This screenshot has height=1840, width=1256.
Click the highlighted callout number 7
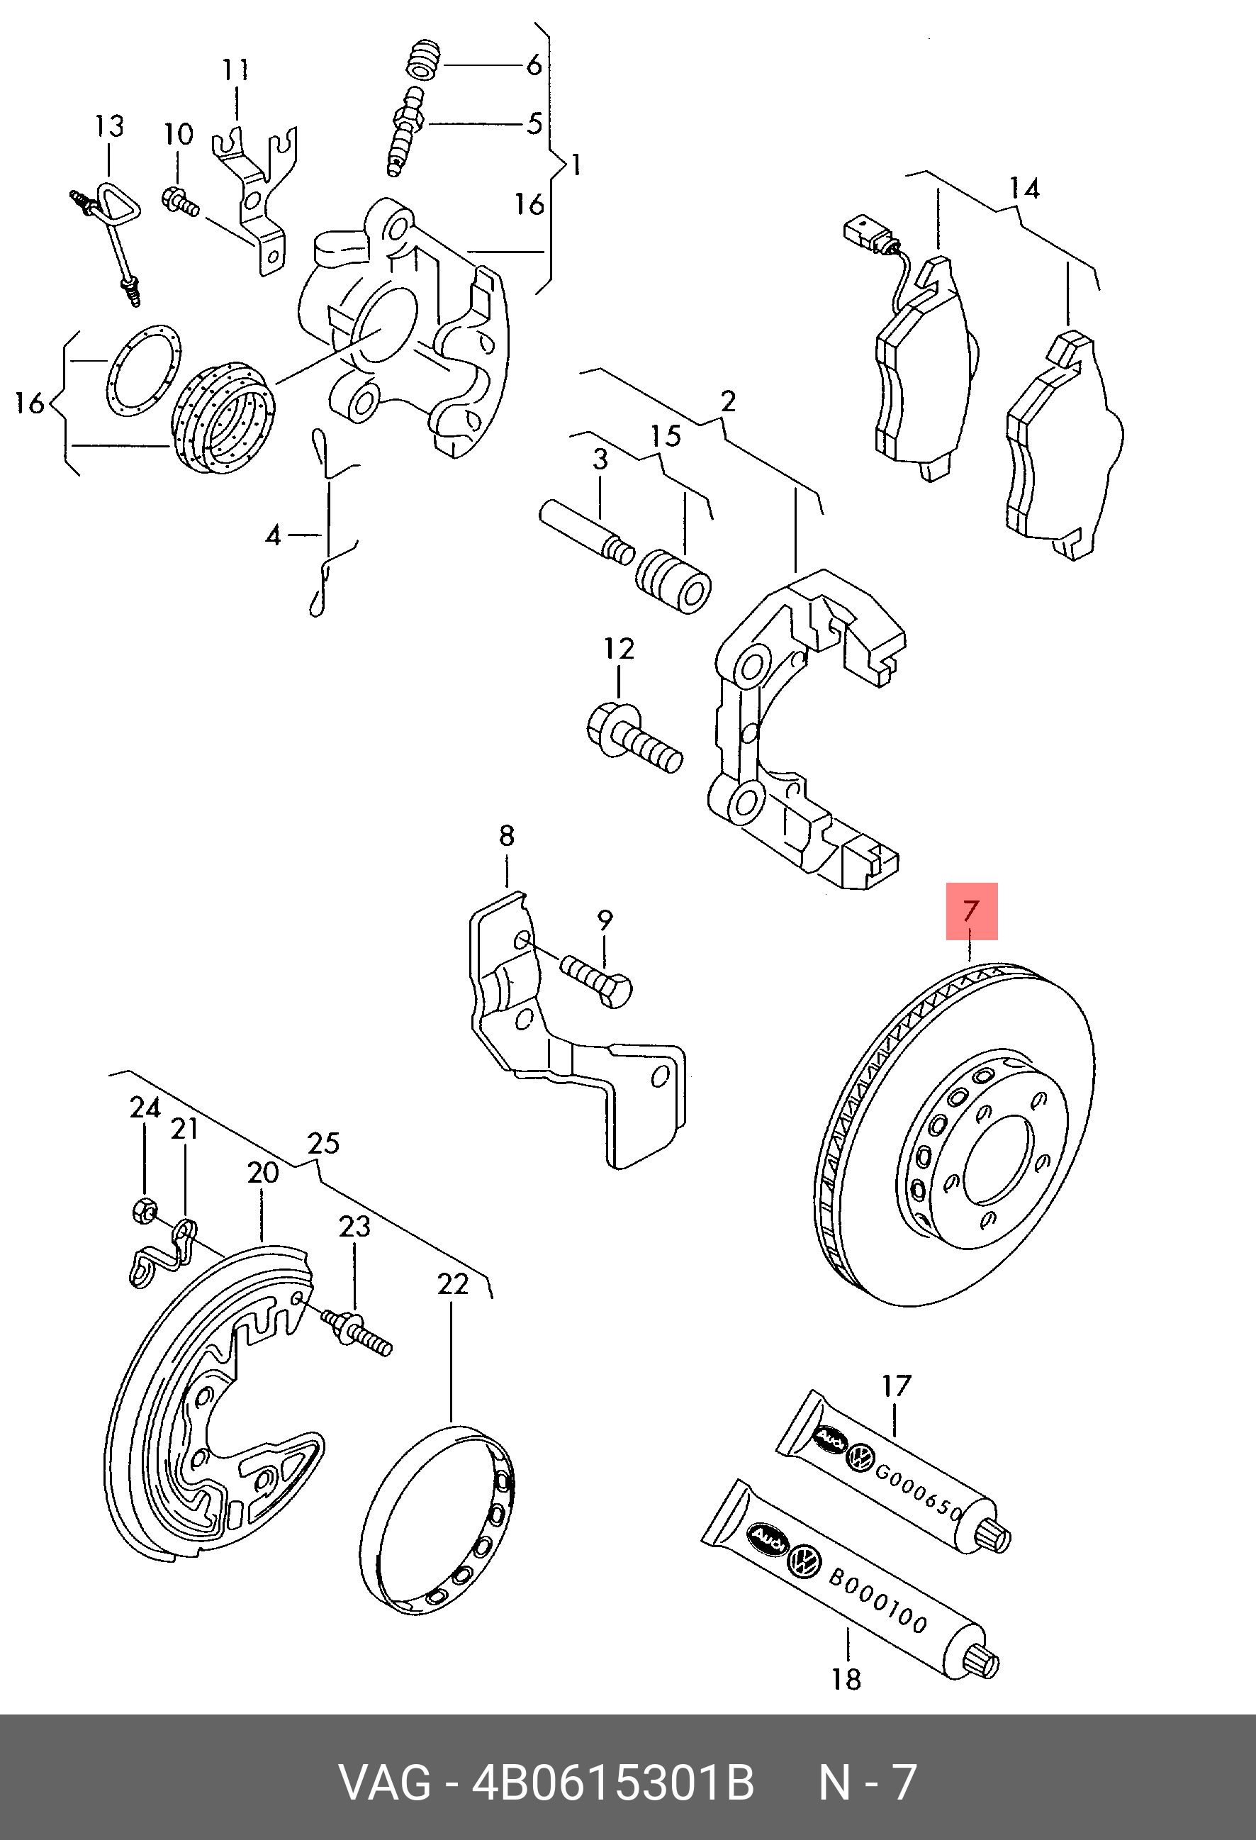point(971,910)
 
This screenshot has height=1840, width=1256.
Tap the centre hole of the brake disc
point(999,1161)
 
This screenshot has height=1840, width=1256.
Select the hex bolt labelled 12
point(633,736)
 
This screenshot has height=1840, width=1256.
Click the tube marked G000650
point(895,1473)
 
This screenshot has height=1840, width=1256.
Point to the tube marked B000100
point(851,1580)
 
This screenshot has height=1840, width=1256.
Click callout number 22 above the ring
point(453,1283)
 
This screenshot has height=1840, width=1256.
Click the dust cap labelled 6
point(425,60)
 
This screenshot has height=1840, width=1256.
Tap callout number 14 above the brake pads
point(1024,189)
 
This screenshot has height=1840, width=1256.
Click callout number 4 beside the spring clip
point(273,536)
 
